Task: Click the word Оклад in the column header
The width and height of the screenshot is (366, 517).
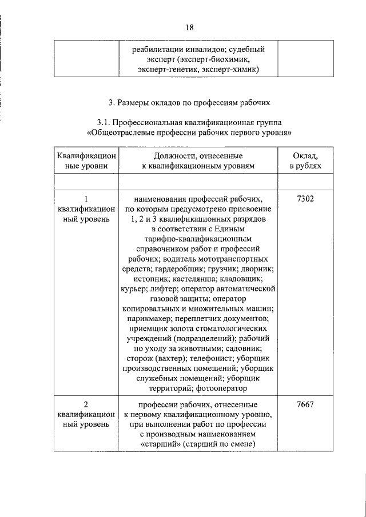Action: click(x=305, y=155)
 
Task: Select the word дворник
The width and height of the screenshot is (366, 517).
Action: click(x=257, y=268)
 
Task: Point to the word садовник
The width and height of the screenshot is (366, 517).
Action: click(x=243, y=347)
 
